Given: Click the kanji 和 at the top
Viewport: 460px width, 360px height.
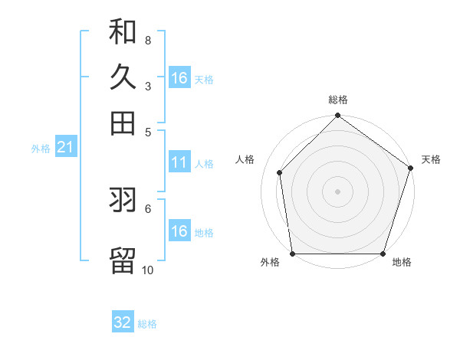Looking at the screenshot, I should tap(123, 31).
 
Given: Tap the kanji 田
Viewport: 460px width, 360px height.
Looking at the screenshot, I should tap(123, 123).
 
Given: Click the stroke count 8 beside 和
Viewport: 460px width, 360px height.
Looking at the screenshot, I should tap(147, 41).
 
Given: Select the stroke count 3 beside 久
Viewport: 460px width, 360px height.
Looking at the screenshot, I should tap(147, 87).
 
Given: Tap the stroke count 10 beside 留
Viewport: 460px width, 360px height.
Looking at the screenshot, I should tap(147, 269).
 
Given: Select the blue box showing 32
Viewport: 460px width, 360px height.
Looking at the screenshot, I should tap(123, 322).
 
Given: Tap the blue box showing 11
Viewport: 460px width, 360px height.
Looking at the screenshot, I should tap(179, 162).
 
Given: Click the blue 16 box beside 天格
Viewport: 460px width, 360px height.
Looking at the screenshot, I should tap(179, 78).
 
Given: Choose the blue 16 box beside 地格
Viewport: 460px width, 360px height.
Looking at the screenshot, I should tap(179, 231).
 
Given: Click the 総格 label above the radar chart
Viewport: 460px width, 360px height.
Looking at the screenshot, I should tap(338, 100).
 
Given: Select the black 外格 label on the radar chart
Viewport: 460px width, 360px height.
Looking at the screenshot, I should tap(270, 263).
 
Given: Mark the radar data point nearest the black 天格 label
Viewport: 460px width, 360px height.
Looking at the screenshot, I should tap(410, 169).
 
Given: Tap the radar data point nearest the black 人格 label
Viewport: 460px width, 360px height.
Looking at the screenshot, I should tap(280, 172).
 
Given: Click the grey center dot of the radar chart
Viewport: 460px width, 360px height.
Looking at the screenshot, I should tap(337, 191).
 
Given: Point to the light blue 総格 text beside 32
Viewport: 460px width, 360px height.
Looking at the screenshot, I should tap(147, 324).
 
